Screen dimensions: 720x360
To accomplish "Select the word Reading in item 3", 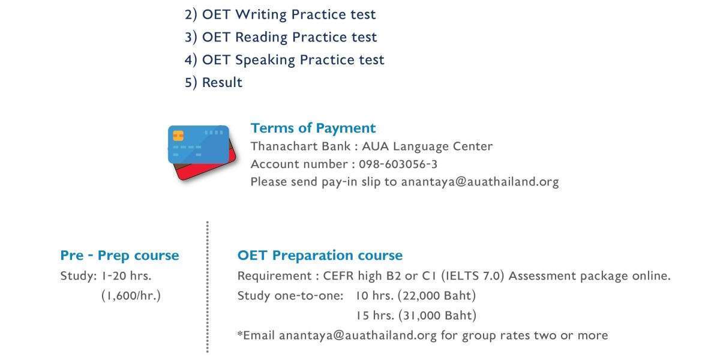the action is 262,37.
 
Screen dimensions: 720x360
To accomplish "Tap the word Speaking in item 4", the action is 265,60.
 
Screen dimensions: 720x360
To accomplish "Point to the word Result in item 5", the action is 222,82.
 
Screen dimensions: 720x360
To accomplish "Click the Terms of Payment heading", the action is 313,128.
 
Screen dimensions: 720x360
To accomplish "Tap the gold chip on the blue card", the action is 178,136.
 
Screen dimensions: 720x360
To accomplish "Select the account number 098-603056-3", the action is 398,164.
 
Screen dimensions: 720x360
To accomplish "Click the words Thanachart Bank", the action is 300,146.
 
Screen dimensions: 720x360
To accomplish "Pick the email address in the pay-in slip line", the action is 480,182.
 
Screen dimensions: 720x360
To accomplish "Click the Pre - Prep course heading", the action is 119,256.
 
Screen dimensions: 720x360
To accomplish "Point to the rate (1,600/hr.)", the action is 131,296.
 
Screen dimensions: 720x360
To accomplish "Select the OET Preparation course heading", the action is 320,256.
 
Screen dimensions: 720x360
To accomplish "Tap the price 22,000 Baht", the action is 437,296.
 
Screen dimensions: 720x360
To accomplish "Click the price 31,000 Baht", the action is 437,316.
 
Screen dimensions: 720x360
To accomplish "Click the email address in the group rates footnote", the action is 358,335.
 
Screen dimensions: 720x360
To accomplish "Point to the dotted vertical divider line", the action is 208,287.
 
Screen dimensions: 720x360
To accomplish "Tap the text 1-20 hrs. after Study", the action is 127,276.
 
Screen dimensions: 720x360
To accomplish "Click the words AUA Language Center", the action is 427,146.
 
